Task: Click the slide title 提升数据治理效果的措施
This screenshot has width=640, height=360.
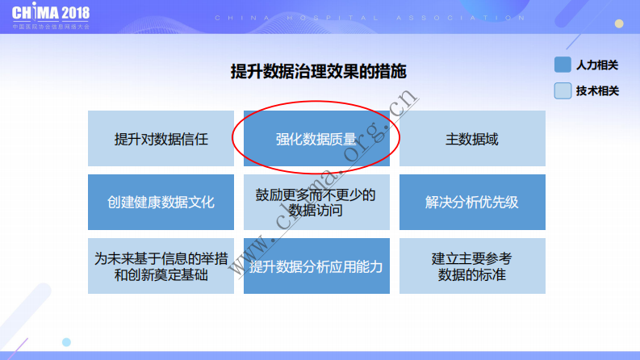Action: coord(318,72)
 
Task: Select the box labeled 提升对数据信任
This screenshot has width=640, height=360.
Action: coord(161,139)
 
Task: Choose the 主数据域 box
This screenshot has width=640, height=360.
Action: coord(472,139)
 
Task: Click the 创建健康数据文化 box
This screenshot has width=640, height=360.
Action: coord(161,202)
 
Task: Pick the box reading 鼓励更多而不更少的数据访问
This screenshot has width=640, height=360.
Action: coord(316,202)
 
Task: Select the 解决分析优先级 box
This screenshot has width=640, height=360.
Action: coord(472,202)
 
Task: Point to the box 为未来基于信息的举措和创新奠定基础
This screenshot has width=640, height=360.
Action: coord(161,266)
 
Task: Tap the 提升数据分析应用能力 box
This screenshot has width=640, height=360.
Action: coord(316,266)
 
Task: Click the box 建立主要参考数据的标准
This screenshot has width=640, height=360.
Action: coord(472,266)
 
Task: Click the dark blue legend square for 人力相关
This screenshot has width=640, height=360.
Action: coord(563,65)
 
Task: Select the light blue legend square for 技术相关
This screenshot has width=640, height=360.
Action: coord(563,91)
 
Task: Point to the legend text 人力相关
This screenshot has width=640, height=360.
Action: coord(597,65)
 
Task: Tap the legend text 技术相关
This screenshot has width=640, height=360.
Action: coord(597,91)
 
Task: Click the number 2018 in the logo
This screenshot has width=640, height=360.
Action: coord(73,13)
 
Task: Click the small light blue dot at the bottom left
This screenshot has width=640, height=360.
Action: coord(67,342)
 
